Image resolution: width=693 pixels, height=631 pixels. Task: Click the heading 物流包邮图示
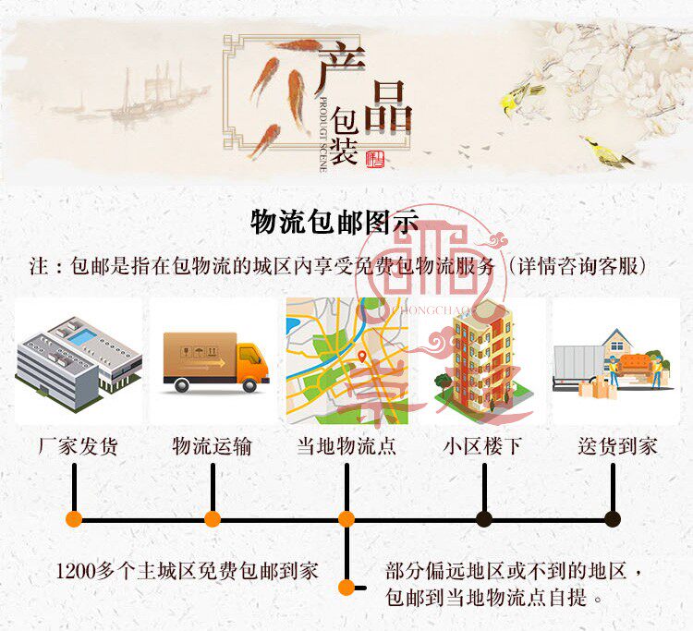click(x=334, y=223)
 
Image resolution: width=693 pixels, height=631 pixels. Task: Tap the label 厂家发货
click(x=79, y=446)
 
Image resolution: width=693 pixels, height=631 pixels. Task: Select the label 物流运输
click(x=212, y=446)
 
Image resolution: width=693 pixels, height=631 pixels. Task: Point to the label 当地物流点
click(x=346, y=446)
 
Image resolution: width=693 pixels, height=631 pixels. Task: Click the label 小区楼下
click(x=481, y=446)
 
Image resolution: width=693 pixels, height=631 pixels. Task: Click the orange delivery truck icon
click(x=215, y=360)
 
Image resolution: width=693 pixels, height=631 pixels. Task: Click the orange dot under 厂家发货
click(x=74, y=519)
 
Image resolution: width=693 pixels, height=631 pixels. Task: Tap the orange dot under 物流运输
click(x=213, y=519)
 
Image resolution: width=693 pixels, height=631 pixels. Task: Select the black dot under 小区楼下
click(x=484, y=519)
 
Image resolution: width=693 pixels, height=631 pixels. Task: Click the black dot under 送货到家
click(x=612, y=519)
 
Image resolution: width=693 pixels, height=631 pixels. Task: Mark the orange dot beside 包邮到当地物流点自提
click(x=346, y=587)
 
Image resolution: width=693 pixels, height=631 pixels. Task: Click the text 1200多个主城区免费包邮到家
click(x=188, y=570)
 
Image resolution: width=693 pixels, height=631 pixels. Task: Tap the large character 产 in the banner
click(x=342, y=69)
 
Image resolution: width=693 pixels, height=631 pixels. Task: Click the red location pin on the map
click(x=362, y=356)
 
